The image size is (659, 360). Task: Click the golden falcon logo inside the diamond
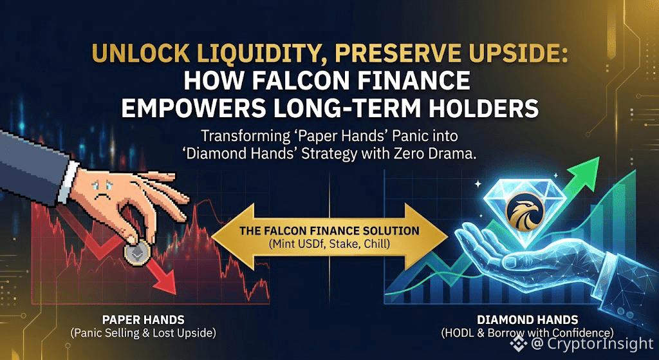coord(523,214)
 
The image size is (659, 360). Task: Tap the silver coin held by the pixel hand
coord(135,254)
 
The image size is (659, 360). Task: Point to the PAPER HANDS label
coord(144,321)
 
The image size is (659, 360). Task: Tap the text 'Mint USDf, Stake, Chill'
coord(329,243)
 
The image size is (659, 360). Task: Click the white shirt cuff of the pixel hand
coord(68,182)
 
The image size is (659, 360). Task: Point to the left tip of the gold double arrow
coord(211,238)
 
